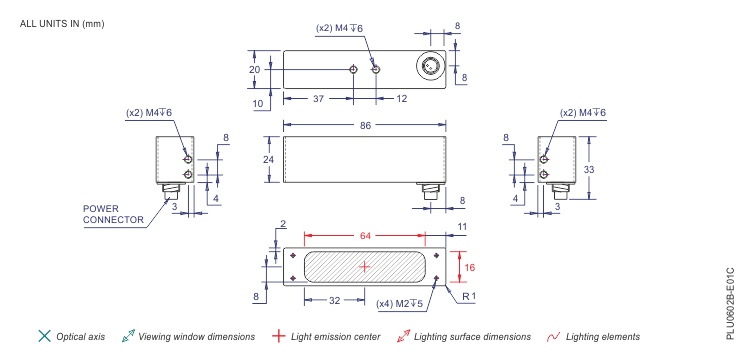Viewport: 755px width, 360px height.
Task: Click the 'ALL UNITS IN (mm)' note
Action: [61, 23]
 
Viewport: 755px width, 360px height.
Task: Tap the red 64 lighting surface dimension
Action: [365, 236]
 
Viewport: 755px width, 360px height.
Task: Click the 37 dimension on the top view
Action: [317, 99]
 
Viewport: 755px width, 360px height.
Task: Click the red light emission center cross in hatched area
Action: [365, 266]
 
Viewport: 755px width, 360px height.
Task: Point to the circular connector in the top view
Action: [431, 68]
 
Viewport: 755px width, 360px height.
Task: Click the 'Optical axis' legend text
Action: [80, 337]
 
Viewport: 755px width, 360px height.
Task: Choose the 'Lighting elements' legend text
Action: [603, 337]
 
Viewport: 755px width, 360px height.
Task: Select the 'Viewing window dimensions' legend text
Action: [196, 337]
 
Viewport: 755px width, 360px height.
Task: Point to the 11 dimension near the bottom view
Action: [462, 228]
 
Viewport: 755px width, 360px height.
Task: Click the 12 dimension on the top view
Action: [402, 99]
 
